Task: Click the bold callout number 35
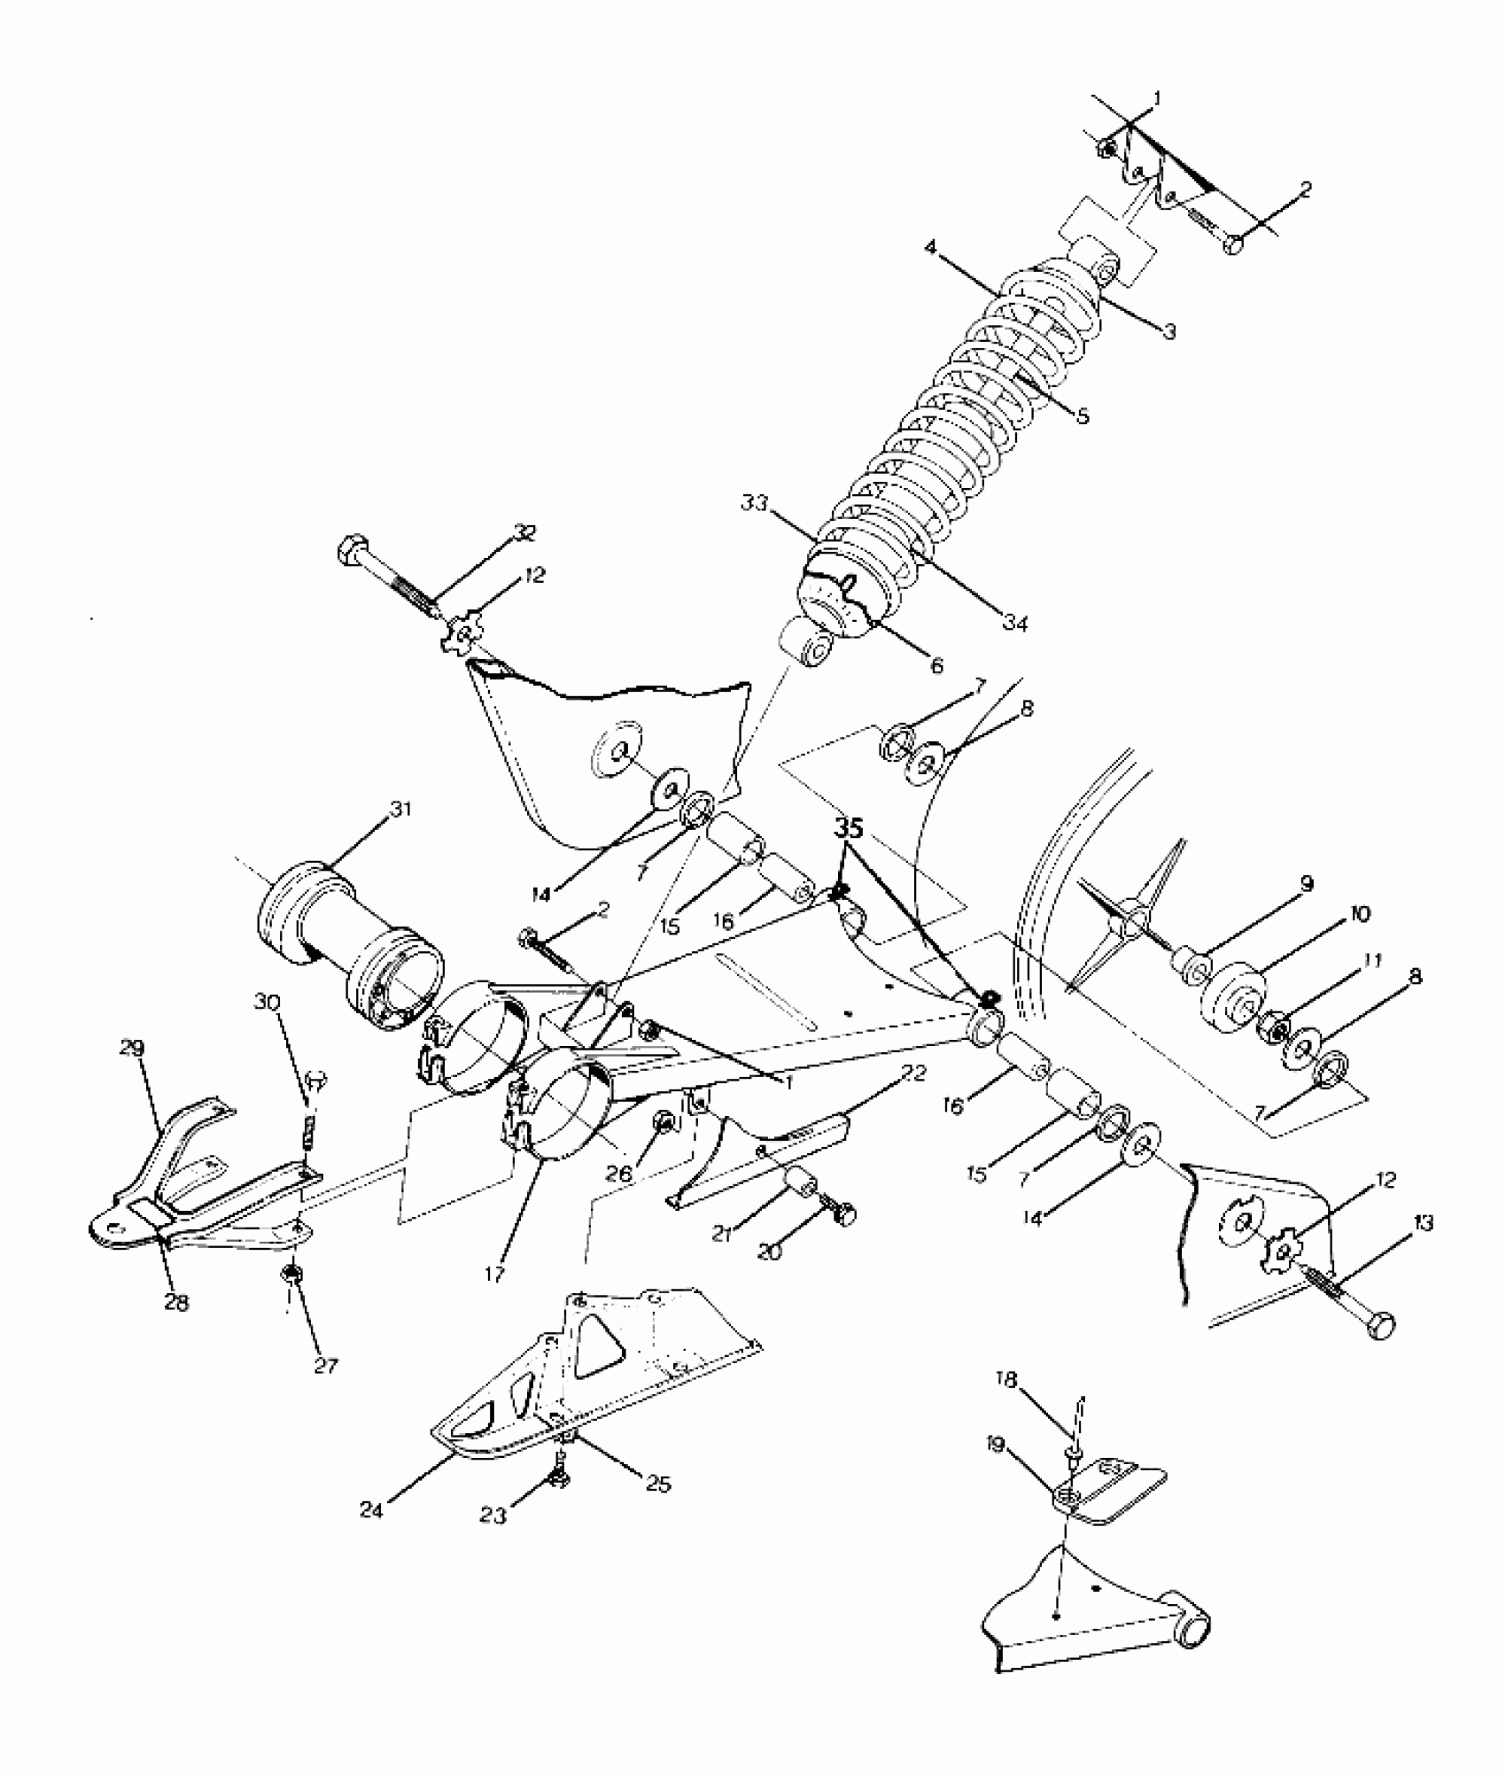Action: (x=848, y=828)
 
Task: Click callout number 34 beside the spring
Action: (x=1015, y=624)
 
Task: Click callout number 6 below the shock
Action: (x=936, y=664)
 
